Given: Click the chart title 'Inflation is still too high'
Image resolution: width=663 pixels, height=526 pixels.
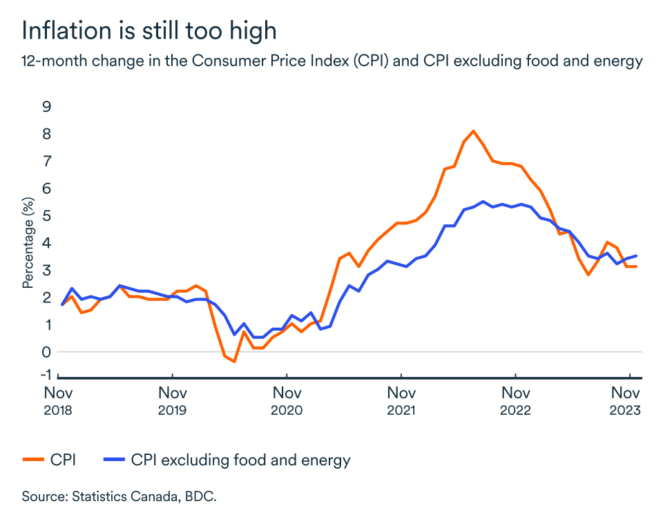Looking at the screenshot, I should (150, 30).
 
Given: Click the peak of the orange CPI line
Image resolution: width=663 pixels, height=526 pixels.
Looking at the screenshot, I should (473, 131).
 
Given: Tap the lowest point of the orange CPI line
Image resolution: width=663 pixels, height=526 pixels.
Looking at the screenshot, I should (234, 361).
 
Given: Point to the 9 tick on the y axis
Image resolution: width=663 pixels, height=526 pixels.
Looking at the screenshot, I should (47, 106).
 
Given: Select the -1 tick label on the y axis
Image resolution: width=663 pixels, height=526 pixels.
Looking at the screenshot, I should (45, 374).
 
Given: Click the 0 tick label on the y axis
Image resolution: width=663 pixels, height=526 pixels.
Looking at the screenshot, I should (47, 351).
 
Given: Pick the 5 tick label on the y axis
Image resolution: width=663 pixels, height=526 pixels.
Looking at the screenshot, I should (47, 215).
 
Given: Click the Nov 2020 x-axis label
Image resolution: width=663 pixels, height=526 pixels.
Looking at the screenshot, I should (287, 401).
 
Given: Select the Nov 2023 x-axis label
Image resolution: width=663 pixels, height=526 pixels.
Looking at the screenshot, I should (626, 401).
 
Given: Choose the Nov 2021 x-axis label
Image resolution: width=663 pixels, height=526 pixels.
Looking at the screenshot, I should (401, 401).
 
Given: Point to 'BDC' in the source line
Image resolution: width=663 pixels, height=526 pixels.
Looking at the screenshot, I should (200, 496).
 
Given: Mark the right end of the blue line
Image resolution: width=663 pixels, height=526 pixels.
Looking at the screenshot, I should (635, 256).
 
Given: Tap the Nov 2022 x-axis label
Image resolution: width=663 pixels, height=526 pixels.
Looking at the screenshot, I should (515, 401).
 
